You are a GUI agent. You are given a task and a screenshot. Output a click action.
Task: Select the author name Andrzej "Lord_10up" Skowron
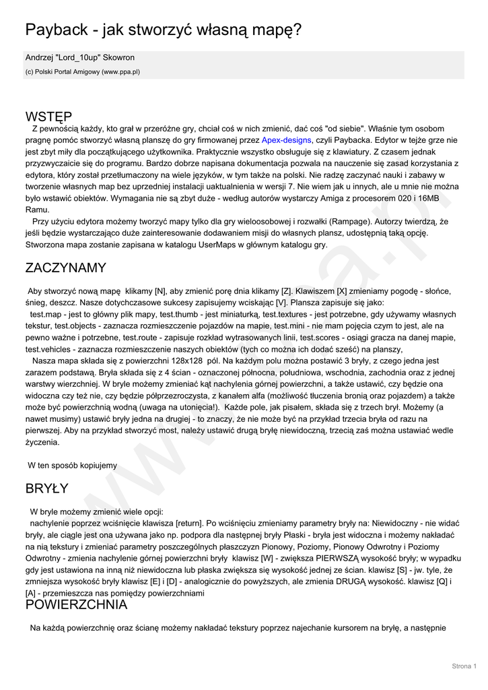pos(80,58)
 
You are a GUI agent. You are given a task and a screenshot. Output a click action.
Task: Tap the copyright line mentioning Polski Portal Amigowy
pos(83,71)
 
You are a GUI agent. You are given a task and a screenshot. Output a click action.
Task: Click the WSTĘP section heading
pos(48,117)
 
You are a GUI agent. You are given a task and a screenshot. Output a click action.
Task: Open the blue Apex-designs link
pos(286,140)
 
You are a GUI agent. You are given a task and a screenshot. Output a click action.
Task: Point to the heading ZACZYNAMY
pos(65,268)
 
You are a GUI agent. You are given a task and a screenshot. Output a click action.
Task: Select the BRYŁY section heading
pos(46,489)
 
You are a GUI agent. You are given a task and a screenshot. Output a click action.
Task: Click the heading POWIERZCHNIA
pos(76,604)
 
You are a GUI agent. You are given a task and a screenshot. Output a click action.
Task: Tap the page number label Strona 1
pos(464,666)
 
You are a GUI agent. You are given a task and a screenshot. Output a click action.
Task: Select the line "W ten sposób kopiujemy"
pos(72,466)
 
